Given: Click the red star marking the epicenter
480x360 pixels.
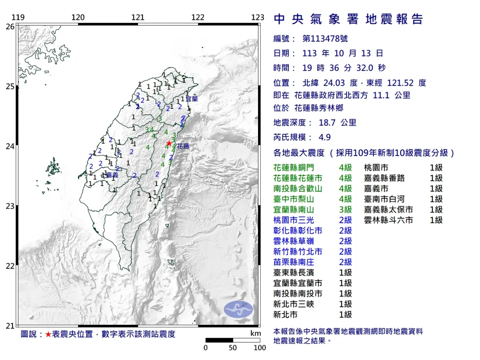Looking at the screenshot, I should (x=169, y=143).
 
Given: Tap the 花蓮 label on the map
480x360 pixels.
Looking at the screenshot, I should (x=183, y=146).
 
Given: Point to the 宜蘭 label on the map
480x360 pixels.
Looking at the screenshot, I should (x=192, y=98).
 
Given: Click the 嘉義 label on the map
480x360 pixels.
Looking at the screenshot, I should (x=112, y=175).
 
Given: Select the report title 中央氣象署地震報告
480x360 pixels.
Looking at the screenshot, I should (x=348, y=19).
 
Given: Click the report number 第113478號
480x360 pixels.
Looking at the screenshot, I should (x=325, y=39).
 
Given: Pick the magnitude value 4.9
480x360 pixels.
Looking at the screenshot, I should (x=325, y=137).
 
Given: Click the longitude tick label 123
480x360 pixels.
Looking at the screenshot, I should (x=258, y=17).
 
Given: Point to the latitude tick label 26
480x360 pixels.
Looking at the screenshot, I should (x=10, y=26).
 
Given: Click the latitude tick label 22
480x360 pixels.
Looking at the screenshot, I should (x=10, y=266).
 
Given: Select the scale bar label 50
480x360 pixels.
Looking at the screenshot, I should (x=233, y=348).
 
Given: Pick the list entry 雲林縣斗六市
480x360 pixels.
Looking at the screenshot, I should (x=388, y=220).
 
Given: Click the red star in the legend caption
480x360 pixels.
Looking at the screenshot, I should (x=48, y=334).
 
